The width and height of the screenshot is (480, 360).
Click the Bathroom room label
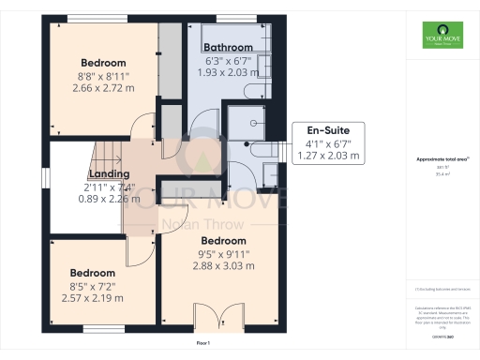click(x=229, y=47)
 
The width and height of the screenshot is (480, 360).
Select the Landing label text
click(x=109, y=174)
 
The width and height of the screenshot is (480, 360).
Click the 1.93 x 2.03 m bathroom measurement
click(x=230, y=72)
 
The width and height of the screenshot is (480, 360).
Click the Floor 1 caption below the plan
click(x=202, y=344)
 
